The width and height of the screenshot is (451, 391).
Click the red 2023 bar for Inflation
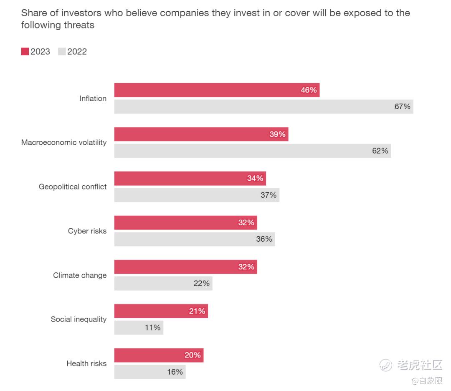(217, 90)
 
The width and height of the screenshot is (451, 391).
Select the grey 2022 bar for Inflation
(264, 107)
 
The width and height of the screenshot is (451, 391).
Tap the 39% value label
(277, 134)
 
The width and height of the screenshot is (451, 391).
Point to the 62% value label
(380, 151)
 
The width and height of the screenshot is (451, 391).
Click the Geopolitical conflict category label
(73, 187)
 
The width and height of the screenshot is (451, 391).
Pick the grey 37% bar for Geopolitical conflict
(197, 195)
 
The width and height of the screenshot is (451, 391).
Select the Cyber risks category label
(87, 231)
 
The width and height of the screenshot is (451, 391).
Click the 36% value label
(264, 239)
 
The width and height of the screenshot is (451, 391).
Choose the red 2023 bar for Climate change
(185, 267)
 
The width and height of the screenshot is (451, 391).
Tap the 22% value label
(201, 283)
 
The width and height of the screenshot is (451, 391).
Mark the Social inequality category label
(79, 319)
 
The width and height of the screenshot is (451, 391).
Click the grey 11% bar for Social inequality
(139, 327)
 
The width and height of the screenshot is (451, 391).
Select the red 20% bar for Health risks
(159, 355)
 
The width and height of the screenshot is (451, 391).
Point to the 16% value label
(175, 371)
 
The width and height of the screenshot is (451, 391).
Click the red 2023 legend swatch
(25, 51)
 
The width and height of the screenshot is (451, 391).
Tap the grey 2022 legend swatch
(62, 51)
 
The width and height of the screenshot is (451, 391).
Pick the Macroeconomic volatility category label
(64, 142)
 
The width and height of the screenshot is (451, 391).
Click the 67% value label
(403, 106)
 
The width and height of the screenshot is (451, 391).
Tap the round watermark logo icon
(385, 365)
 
